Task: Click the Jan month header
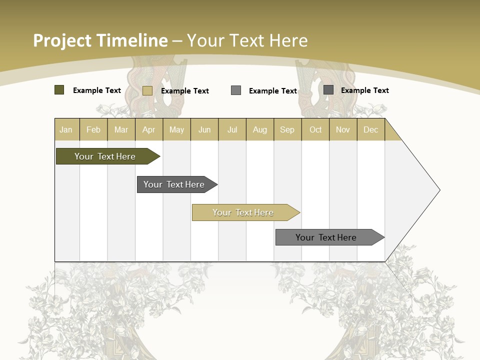coord(66,129)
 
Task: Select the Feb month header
coord(93,129)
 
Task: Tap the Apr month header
coord(149,129)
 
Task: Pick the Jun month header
coord(204,129)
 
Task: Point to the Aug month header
coord(260,129)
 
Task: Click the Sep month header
coord(287,129)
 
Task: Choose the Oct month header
coord(315,129)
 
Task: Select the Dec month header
coord(371,129)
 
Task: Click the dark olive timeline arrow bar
coord(105,156)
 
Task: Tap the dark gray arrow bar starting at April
coord(174,184)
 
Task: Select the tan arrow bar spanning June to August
coord(243,212)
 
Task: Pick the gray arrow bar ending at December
coord(326,237)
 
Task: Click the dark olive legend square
coord(59,90)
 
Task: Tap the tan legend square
coord(147,90)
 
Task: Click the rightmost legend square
coord(328,90)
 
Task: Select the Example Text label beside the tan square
coord(185,91)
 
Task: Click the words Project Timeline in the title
coord(100,40)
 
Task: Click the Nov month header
coord(343,129)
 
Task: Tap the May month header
coord(176,129)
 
